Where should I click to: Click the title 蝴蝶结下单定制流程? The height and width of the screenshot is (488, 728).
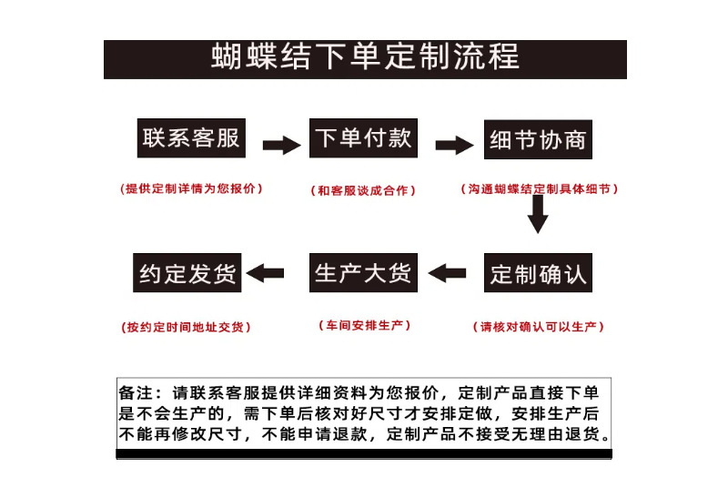click(x=365, y=57)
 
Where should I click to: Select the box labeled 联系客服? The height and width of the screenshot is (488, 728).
click(x=191, y=138)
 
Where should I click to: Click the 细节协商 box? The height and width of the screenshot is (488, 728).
click(x=538, y=141)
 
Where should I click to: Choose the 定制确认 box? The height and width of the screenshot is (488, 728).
click(x=538, y=273)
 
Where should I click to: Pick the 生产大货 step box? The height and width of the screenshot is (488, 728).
click(x=363, y=273)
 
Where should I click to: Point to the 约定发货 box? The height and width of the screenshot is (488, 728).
click(x=187, y=273)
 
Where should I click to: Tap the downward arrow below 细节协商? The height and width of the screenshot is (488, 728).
click(x=538, y=215)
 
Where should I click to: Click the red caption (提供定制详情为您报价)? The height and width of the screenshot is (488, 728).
click(x=191, y=188)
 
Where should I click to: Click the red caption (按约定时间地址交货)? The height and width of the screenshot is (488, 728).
click(x=187, y=326)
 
